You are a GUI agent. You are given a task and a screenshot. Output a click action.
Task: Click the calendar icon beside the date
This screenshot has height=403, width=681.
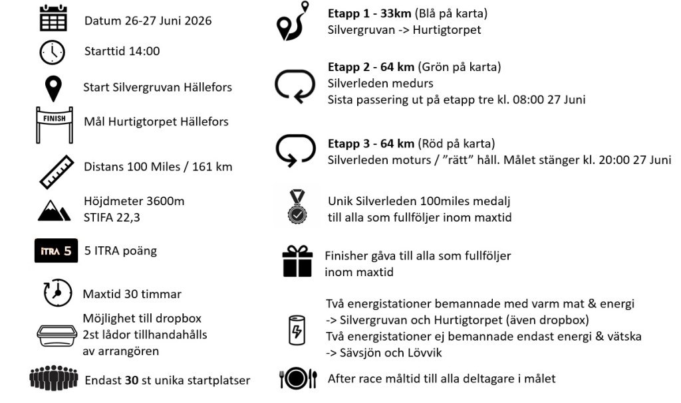[53, 19]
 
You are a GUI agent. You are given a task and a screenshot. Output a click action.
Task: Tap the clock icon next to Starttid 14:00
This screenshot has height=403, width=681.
[53, 52]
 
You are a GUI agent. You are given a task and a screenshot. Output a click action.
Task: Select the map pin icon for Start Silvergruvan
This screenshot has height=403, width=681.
[53, 88]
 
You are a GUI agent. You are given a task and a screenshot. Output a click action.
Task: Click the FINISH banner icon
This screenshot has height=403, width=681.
[54, 123]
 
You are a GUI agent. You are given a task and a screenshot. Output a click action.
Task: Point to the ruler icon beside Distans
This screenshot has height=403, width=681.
[56, 171]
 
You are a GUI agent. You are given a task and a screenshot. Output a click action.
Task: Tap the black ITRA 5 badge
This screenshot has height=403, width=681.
[56, 251]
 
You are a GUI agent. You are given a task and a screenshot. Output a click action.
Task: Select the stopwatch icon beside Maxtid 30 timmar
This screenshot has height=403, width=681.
[57, 293]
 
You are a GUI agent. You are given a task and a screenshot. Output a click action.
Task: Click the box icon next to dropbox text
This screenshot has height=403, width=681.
[57, 335]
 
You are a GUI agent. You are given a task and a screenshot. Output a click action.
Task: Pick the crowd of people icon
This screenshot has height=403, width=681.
[54, 379]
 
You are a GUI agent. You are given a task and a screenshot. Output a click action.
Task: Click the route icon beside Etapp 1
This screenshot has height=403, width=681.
[293, 22]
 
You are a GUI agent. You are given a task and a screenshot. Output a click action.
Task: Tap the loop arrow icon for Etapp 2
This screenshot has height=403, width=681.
[295, 86]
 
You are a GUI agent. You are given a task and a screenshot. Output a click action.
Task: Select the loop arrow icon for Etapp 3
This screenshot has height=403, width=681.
[295, 151]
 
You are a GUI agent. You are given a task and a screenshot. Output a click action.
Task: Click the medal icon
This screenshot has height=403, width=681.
[297, 207]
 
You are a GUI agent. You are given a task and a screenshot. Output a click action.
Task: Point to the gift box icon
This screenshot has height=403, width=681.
[297, 261]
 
